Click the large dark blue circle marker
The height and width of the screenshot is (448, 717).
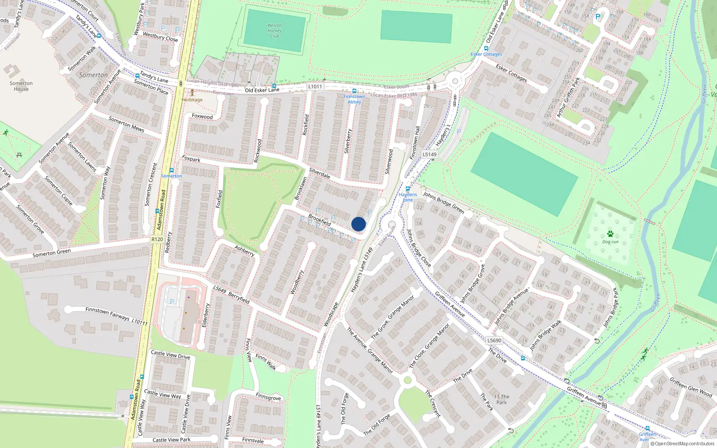[x=358, y=224]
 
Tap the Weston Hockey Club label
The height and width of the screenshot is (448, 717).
[x=274, y=31]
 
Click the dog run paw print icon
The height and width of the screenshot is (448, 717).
[x=610, y=234]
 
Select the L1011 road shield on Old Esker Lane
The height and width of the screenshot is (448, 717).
[x=315, y=86]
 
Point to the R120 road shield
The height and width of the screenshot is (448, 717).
[x=157, y=239]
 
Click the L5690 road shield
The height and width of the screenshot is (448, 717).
[x=494, y=340]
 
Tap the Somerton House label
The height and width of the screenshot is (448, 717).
[x=21, y=86]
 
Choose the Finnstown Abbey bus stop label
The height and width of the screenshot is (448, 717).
[x=354, y=99]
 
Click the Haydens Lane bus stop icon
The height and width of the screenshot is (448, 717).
[x=407, y=189]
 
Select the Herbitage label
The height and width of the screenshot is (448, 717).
[x=192, y=100]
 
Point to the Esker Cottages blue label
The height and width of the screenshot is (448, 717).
[x=486, y=54]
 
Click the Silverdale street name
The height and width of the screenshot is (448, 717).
[x=320, y=173]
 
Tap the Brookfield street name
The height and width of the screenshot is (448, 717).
[x=320, y=220]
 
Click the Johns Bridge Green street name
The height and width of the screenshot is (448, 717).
[x=444, y=202]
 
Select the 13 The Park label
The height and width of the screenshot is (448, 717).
[x=501, y=399]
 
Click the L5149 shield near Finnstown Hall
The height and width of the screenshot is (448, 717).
[x=429, y=154]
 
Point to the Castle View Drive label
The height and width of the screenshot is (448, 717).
[x=170, y=355]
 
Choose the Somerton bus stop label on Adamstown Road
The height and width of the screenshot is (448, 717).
[x=171, y=176]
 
